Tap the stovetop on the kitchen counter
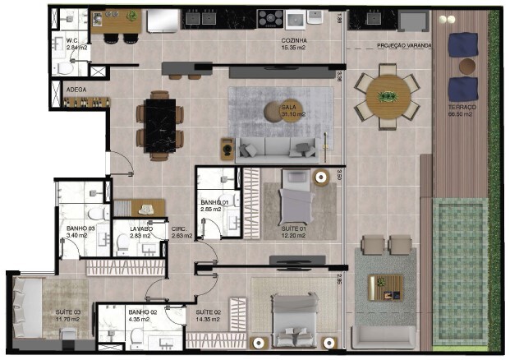coord(271,18)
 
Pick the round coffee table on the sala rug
coord(275,111)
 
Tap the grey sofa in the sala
coord(275,148)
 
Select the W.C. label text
coord(73,40)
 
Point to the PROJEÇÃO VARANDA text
coord(403,46)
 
